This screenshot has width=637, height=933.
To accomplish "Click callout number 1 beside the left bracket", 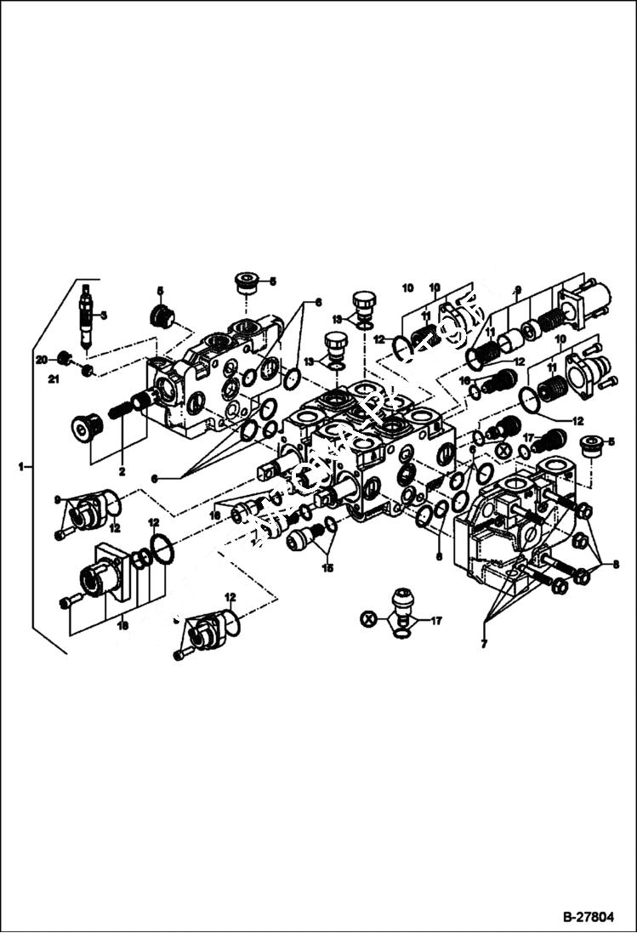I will (x=21, y=467).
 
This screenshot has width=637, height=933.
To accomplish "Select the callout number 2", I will (x=122, y=470).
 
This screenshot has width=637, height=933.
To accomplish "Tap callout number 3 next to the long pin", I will (x=103, y=316).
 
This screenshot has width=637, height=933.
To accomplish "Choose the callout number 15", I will (x=327, y=567).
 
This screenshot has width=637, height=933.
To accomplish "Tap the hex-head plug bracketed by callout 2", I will (x=86, y=428).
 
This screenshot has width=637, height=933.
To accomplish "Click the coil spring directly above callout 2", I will (x=119, y=411).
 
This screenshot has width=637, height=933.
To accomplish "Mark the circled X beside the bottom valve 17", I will (x=368, y=619).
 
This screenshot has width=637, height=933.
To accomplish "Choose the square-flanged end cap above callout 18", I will (x=105, y=572).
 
